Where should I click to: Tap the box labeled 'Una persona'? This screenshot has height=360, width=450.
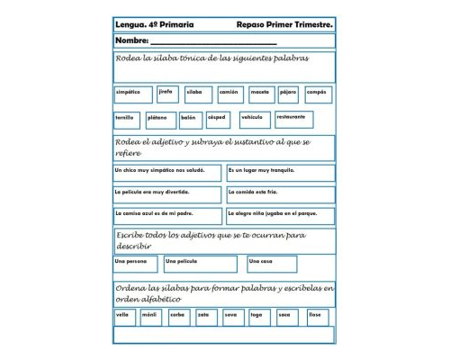(x=135, y=263)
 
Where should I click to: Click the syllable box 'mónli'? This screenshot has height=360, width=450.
(x=151, y=316)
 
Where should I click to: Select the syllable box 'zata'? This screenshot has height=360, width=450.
(x=206, y=316)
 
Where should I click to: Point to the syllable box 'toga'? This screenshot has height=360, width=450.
(x=260, y=316)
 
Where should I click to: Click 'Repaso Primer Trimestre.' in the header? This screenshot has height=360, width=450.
(x=288, y=24)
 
